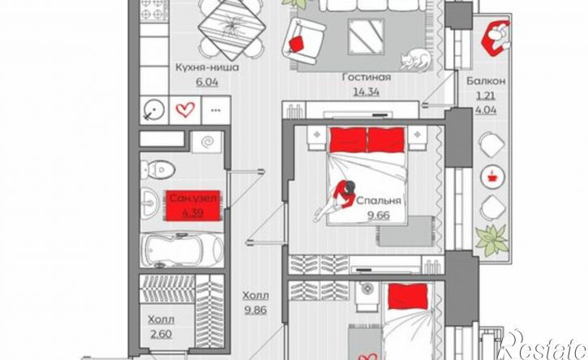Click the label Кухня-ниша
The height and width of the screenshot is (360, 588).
click(207, 68)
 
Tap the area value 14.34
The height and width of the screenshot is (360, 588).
click(366, 92)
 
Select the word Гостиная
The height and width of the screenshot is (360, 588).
click(367, 77)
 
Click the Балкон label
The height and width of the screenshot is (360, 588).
click(486, 80)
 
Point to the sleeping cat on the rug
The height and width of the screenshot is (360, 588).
click(415, 59)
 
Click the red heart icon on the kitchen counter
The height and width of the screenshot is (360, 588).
click(186, 110)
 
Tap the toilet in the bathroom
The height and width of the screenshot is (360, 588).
click(158, 169)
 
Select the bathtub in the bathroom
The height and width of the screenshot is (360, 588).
click(182, 250)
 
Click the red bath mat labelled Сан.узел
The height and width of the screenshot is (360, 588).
click(193, 205)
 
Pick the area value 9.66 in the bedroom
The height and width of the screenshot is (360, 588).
click(378, 216)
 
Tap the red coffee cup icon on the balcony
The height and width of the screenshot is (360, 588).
click(492, 175)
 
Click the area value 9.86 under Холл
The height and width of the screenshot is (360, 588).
click(255, 310)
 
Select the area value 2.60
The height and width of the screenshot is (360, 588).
click(161, 333)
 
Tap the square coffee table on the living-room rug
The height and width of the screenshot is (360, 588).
click(366, 36)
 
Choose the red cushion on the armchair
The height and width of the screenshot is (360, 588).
click(297, 44)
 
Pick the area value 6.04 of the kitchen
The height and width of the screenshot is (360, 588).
click(207, 82)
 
